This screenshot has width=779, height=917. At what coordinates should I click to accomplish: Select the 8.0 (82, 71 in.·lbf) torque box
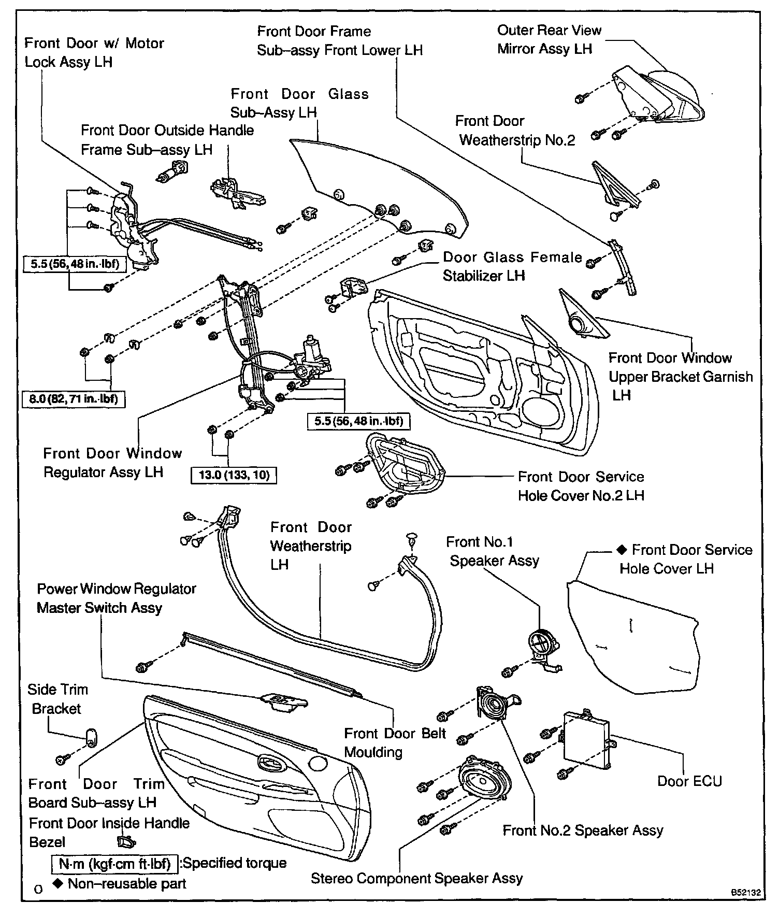tap(74, 399)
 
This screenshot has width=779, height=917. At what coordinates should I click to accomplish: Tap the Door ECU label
tap(689, 781)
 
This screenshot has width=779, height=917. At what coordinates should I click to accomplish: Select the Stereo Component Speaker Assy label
tap(416, 878)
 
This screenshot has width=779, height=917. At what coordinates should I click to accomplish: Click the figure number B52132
tap(746, 893)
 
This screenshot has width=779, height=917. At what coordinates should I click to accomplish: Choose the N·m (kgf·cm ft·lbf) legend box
tap(114, 864)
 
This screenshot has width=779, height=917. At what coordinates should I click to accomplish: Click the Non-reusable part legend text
tap(126, 883)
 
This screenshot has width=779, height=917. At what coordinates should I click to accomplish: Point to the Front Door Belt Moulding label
tap(395, 742)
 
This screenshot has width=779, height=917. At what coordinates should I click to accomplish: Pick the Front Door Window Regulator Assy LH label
tap(112, 463)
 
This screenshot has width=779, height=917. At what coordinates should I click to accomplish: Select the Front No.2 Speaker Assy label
tap(583, 830)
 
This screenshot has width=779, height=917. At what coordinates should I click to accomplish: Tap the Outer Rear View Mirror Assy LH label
tap(549, 39)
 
